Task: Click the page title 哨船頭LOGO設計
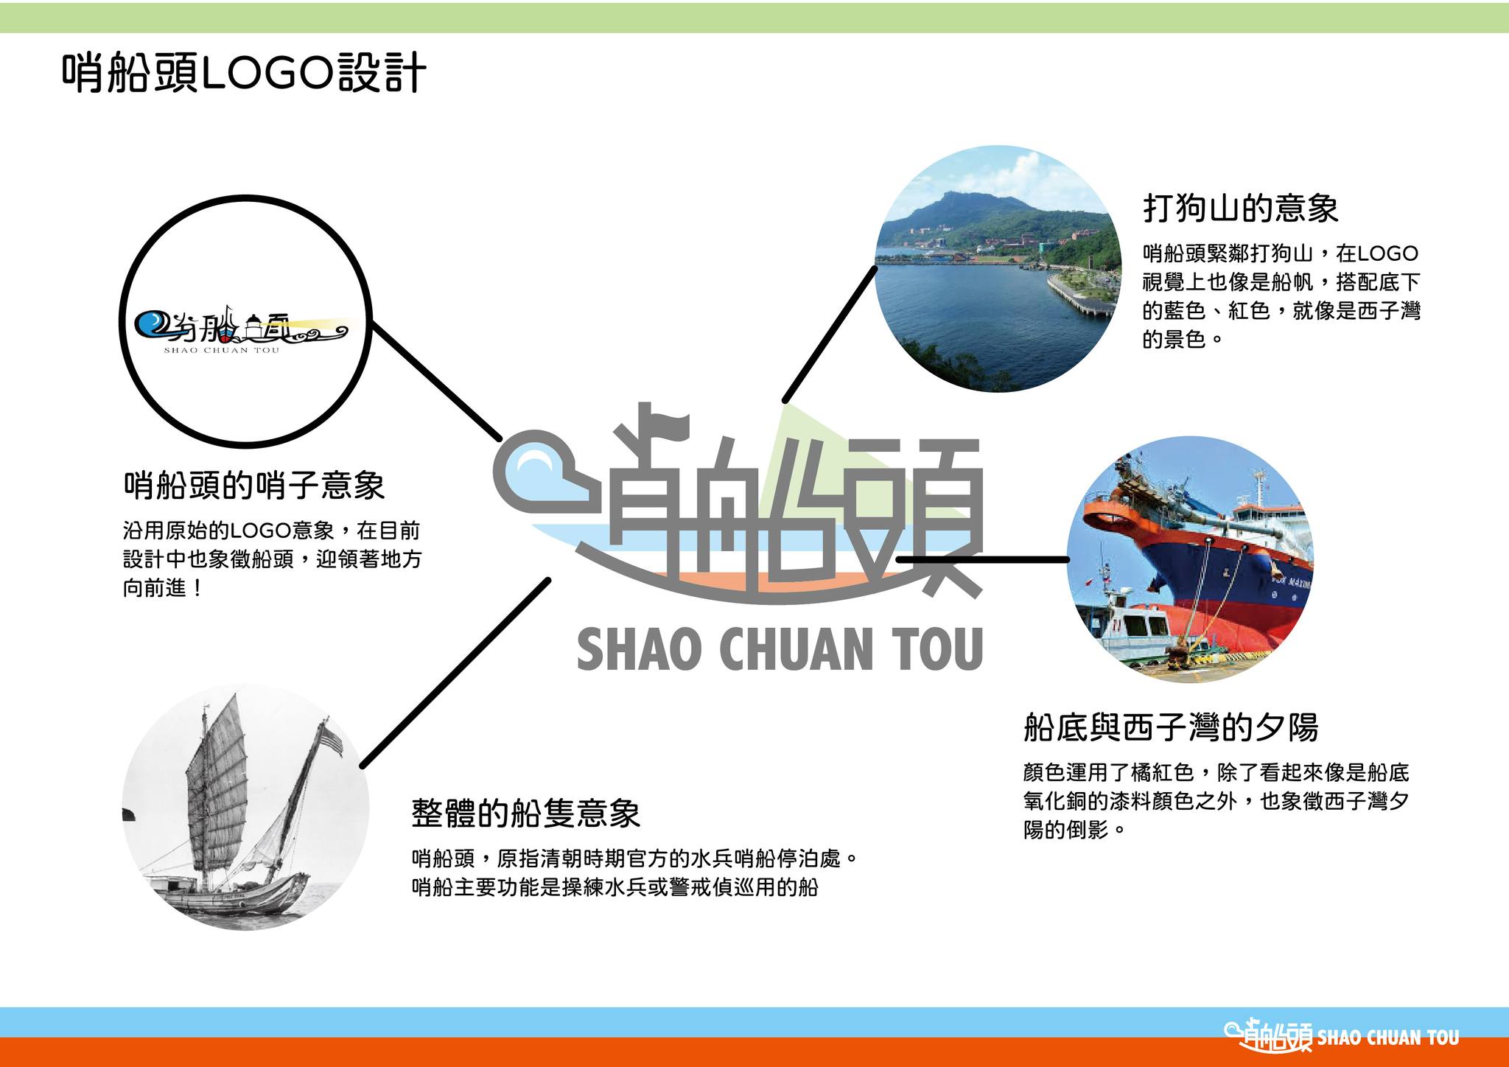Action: coord(244,73)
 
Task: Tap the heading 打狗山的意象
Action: coord(1241,208)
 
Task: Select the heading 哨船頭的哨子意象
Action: coord(254,486)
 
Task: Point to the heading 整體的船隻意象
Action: coord(525,814)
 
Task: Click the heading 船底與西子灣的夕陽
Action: coord(1171,727)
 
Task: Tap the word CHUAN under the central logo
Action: coord(796,649)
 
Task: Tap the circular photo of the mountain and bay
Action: coord(998,268)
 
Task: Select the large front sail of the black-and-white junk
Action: coord(218,781)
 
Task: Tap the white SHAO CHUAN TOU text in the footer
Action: coord(1388,1038)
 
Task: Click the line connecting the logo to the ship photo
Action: coord(983,559)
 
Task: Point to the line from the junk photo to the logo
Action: coord(455,673)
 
